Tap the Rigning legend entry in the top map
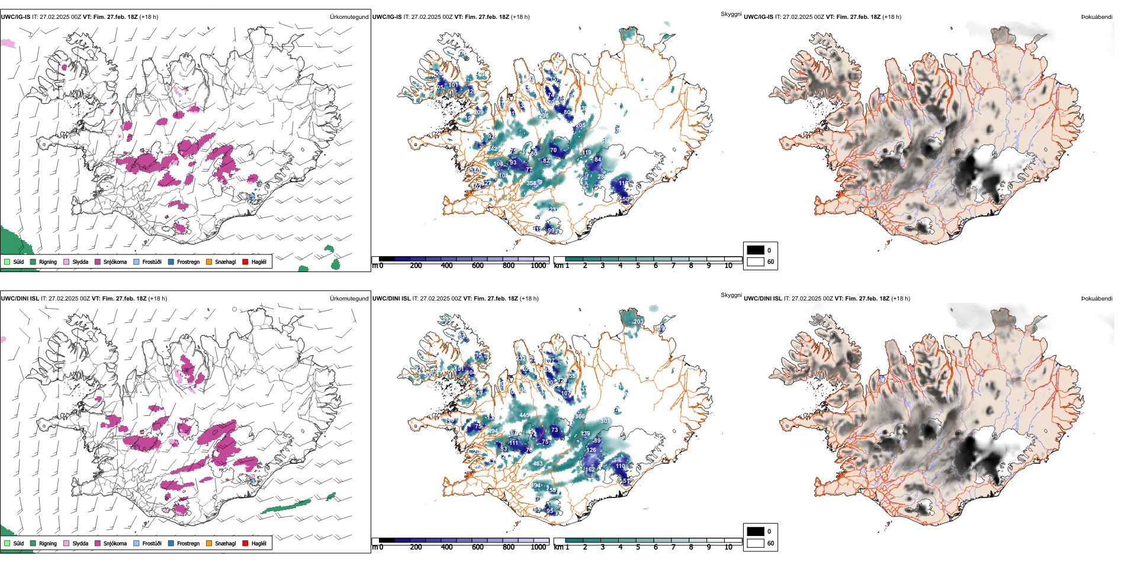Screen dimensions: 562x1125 click(44, 262)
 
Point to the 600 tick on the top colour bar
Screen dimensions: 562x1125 click(478, 266)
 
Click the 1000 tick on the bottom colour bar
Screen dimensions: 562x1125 click(538, 547)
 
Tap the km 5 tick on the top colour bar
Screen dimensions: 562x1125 click(638, 266)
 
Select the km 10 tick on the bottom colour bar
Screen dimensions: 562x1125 click(728, 547)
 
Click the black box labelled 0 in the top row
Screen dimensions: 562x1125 click(756, 250)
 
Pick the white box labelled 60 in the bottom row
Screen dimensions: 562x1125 click(756, 543)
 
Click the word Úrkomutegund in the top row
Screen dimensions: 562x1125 click(349, 17)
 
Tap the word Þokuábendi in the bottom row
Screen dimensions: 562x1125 click(1097, 299)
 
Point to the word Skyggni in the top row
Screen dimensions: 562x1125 click(731, 14)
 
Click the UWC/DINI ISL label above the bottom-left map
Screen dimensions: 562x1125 click(20, 299)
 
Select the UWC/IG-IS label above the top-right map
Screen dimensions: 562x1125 click(758, 17)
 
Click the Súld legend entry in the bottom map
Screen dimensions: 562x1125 click(14, 544)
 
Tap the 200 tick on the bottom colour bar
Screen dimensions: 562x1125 click(416, 547)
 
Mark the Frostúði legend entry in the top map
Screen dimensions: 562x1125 click(147, 262)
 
